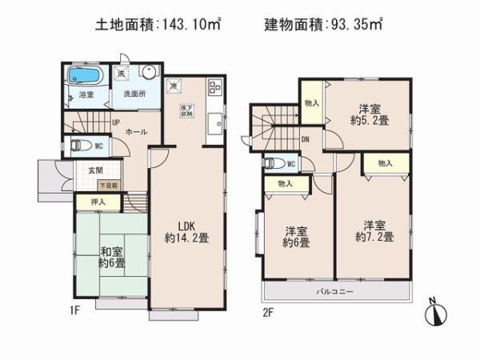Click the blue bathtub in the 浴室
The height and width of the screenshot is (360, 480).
[82, 77]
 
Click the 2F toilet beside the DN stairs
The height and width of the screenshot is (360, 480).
[274, 164]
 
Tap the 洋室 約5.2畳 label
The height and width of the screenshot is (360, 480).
[367, 115]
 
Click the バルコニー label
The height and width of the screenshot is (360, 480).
[337, 290]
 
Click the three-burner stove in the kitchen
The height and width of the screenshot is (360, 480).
[214, 86]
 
